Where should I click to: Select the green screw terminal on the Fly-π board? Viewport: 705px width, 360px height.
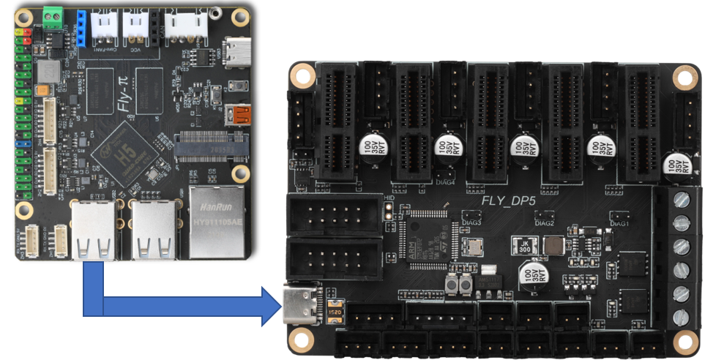tap(53, 17)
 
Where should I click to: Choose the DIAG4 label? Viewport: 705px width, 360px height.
tap(445, 174)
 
